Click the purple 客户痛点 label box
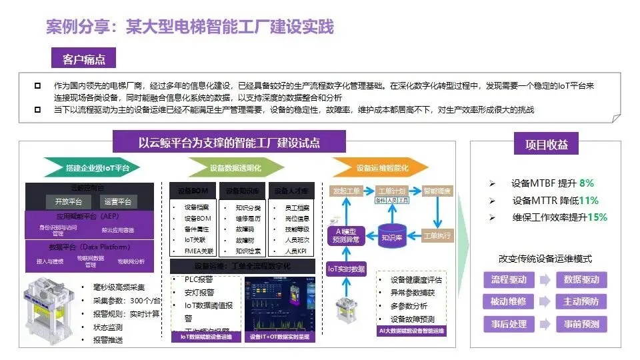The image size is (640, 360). (83, 59)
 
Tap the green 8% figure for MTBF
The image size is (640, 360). (586, 183)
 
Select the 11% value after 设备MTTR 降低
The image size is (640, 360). (589, 200)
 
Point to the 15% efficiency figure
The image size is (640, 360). (597, 217)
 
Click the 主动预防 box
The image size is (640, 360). (581, 302)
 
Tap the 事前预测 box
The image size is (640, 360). (581, 325)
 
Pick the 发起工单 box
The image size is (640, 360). (346, 191)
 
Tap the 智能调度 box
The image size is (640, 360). (438, 191)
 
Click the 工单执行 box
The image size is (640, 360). (438, 235)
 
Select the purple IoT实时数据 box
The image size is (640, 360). (346, 269)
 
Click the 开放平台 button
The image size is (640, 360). (68, 201)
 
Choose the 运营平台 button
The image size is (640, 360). (119, 201)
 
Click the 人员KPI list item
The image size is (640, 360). (295, 251)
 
